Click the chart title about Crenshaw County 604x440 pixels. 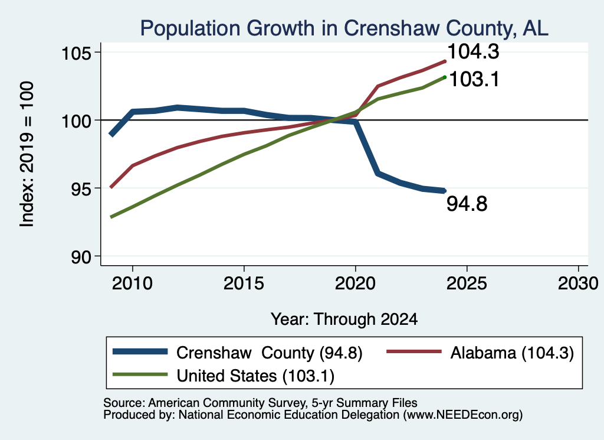click(344, 28)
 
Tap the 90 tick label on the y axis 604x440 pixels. click(81, 256)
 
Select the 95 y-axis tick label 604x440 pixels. click(81, 188)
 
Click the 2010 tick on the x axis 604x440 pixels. click(132, 284)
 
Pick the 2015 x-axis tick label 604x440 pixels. click(244, 284)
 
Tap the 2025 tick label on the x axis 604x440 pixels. click(467, 284)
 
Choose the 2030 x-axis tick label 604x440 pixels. click(578, 284)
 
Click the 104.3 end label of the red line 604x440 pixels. click(474, 51)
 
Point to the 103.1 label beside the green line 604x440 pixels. click(474, 80)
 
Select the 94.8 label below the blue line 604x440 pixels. click(467, 204)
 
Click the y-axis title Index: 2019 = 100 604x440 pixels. click(27, 154)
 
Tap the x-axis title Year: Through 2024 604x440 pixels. click(344, 320)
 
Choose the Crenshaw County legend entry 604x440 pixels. click(238, 353)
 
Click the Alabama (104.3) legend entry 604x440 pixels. click(480, 353)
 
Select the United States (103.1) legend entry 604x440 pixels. click(224, 376)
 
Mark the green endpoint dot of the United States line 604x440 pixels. click(445, 77)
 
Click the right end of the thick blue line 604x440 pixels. click(444, 191)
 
